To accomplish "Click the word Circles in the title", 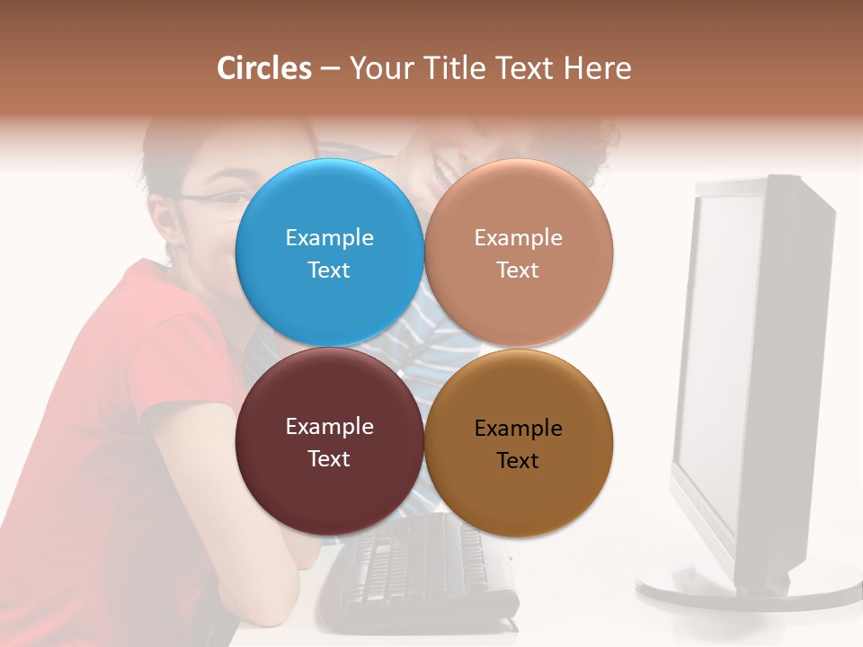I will (263, 68).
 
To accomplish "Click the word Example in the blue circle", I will (329, 237).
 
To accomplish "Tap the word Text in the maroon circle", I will (329, 458).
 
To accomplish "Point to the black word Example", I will (519, 428).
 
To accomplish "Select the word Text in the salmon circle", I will (519, 270).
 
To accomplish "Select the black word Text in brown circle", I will (519, 460).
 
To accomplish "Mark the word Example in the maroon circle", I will (329, 426).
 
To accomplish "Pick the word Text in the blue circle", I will (329, 270).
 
